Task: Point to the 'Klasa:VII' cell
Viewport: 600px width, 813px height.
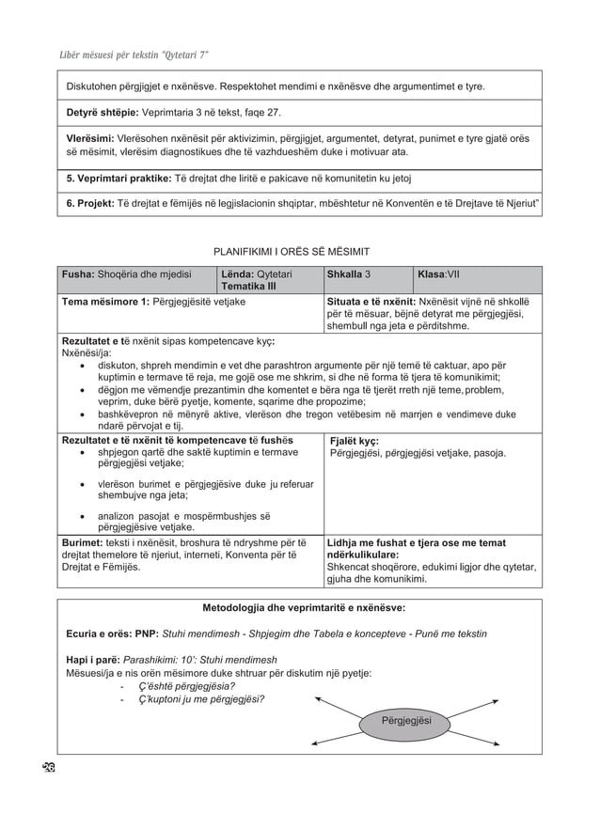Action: click(438, 274)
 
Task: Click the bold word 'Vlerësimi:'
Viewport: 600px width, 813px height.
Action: click(90, 137)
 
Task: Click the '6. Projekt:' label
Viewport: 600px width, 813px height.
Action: click(90, 203)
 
